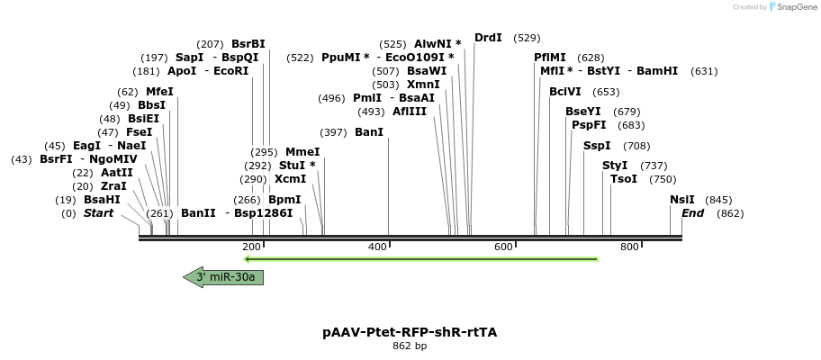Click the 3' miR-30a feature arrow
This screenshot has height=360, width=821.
(x=223, y=277)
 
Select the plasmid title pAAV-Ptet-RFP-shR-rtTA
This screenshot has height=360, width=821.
(x=410, y=332)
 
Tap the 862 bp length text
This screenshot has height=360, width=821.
(x=410, y=346)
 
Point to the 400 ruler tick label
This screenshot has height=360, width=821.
(x=377, y=247)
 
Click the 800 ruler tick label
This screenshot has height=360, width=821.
(x=629, y=247)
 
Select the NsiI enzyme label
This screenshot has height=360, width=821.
(x=682, y=200)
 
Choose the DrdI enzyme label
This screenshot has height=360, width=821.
(x=488, y=38)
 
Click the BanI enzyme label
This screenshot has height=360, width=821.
(x=369, y=132)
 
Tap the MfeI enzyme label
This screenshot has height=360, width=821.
(x=159, y=92)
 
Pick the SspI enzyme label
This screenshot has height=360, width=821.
(x=597, y=146)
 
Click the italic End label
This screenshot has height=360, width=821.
(x=692, y=213)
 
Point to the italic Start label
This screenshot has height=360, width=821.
(x=98, y=213)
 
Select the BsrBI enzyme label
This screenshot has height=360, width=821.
(x=248, y=43)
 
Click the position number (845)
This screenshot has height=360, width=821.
(x=718, y=200)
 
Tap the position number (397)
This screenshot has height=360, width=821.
(x=333, y=132)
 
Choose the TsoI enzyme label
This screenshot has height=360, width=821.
(x=624, y=179)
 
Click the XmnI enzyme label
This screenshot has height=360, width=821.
(x=423, y=85)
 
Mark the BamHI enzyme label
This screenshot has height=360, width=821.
(x=657, y=71)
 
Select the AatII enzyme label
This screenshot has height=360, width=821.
(x=117, y=173)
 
